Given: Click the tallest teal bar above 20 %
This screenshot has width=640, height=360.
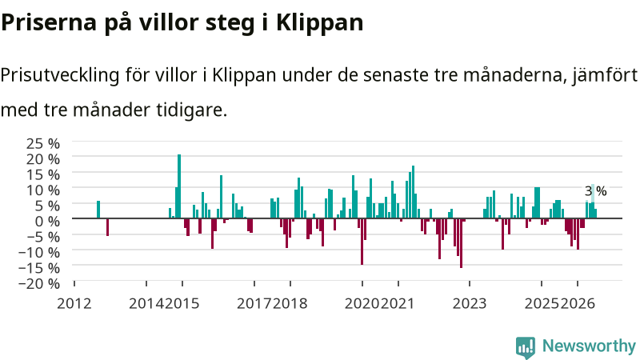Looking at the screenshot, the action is (x=179, y=186).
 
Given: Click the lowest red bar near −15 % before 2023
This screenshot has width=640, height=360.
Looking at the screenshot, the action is (x=462, y=243).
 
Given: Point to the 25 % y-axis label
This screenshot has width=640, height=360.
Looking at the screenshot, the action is (x=43, y=144).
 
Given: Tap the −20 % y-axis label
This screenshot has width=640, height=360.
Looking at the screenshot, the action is (x=39, y=283).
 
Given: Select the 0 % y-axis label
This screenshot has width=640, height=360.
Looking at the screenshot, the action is (x=47, y=222).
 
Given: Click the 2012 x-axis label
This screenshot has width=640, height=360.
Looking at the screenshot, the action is (x=74, y=304).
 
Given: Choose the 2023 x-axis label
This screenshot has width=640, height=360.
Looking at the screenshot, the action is (x=470, y=304).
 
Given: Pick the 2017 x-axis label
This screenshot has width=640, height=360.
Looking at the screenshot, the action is (x=254, y=304).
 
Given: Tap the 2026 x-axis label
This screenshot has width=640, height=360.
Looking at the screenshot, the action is (x=578, y=304).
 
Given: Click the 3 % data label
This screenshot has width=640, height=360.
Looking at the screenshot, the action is (x=595, y=191).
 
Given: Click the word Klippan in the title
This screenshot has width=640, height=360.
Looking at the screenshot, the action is (x=319, y=23).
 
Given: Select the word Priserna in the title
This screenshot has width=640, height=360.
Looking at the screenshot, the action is (x=49, y=22).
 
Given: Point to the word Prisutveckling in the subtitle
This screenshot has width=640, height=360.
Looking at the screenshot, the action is (x=60, y=76).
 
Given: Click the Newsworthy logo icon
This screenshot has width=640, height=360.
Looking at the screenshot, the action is (x=526, y=347).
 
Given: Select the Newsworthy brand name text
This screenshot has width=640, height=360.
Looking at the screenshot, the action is (x=589, y=346).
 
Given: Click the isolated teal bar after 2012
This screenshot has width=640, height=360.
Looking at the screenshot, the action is (x=98, y=210).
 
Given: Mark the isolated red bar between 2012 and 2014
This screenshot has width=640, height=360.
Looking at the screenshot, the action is (x=107, y=227).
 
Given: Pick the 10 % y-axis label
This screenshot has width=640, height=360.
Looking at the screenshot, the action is (x=43, y=190).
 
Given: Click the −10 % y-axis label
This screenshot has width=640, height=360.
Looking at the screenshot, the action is (x=39, y=252).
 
